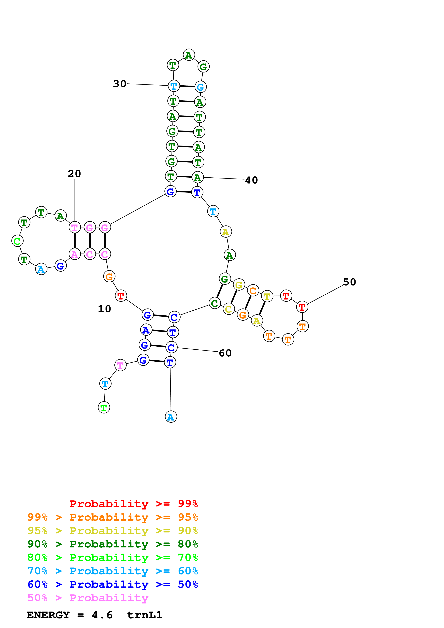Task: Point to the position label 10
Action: coord(104,309)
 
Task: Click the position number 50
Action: coord(350,282)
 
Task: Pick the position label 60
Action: coord(225,353)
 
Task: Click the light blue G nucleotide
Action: coord(201,87)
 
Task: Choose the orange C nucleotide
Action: coord(253,291)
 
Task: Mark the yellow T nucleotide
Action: coord(267,296)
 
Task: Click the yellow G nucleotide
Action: coord(239,285)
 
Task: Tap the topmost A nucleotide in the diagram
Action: coord(189,55)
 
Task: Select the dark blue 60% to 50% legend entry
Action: coord(112,584)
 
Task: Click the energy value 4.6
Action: coord(102,615)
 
